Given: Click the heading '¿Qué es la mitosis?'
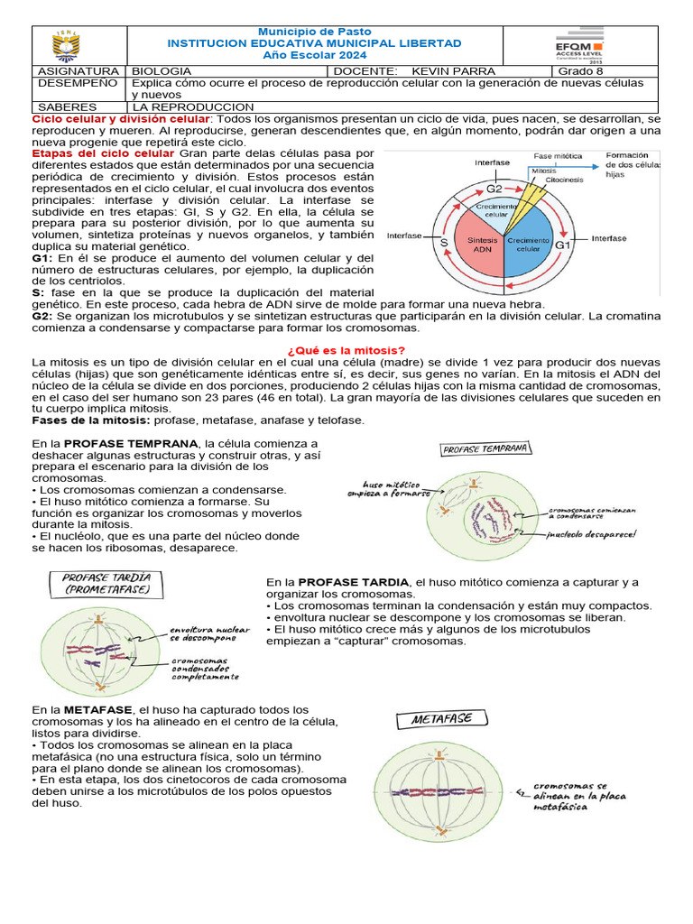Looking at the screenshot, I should coord(346,350).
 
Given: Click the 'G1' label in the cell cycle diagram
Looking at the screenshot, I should coord(562,245).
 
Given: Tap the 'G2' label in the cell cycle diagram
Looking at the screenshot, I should coord(494,189).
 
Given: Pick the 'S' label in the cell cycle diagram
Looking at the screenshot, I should coord(444,244).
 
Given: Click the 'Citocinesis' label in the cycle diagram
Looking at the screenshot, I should coord(564,180).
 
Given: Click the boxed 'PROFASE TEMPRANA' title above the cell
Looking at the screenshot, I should coord(486,448).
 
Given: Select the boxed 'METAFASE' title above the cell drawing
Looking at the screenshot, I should coord(440,720).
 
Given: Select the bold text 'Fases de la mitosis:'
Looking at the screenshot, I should coord(91,420).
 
